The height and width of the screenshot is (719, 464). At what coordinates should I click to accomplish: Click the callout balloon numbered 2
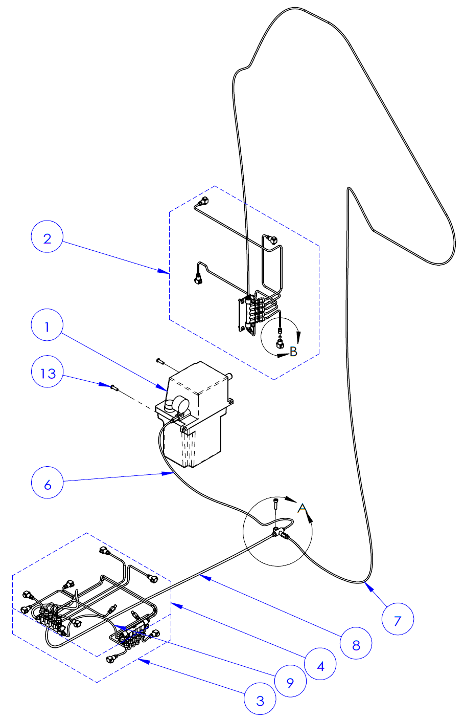tap(47, 239)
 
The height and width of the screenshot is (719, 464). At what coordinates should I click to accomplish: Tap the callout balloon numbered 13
tap(48, 373)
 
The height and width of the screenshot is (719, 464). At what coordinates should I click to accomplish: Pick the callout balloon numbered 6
tap(48, 484)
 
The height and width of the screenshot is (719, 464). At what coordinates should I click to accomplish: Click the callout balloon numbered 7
tap(398, 620)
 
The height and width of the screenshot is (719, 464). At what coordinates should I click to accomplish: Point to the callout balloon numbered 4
tap(320, 666)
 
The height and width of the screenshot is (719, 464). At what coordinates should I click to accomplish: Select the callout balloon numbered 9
tap(290, 682)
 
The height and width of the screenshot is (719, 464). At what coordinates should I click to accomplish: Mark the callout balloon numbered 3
tap(260, 700)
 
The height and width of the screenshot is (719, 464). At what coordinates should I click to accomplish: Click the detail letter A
tap(303, 508)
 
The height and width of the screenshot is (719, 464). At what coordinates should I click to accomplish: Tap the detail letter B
tap(293, 352)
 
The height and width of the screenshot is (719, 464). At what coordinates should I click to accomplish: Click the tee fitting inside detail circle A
tap(279, 532)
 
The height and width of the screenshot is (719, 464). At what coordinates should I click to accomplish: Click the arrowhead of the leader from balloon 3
tap(141, 661)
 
